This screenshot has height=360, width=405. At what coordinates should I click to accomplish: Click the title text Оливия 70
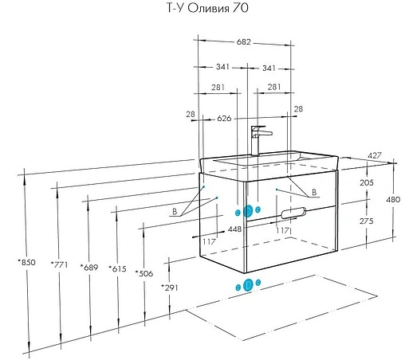tap(218, 8)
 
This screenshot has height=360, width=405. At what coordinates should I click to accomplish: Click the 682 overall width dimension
tap(243, 42)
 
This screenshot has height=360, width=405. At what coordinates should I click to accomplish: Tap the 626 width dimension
tap(224, 119)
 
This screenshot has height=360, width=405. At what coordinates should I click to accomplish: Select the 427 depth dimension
tap(375, 155)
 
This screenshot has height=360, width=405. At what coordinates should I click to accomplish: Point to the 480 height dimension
tap(393, 199)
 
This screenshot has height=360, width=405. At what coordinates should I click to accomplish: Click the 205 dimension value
tap(367, 182)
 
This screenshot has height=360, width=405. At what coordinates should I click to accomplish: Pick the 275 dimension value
tap(367, 221)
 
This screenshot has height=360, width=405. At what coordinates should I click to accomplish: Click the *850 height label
tap(26, 262)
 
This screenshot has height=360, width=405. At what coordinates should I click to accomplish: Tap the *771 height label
tap(59, 264)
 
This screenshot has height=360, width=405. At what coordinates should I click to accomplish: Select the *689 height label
tap(89, 267)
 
